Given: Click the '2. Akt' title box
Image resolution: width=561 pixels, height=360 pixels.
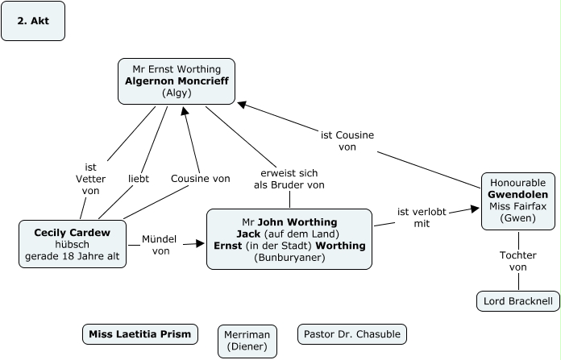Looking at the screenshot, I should point(33,21).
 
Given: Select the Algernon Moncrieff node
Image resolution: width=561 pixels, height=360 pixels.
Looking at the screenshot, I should point(177,81).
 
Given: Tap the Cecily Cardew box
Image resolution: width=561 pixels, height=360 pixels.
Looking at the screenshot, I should point(73,244).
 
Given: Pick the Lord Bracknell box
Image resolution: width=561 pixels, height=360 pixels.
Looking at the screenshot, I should point(518,301).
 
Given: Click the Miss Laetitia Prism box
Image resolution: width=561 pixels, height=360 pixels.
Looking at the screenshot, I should point(140,333).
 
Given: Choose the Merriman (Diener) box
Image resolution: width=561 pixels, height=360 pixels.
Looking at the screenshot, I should point(247,341).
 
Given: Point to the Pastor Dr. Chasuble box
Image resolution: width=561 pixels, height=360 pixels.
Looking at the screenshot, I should point(352,333).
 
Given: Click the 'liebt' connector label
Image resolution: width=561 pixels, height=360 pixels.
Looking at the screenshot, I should point(139,178).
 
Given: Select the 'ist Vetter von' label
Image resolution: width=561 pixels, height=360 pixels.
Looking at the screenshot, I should point(90,179).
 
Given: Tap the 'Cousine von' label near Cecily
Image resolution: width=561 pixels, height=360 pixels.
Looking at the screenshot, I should point(201,178).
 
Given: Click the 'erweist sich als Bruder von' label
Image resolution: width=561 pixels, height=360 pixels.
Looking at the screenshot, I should point(289,179).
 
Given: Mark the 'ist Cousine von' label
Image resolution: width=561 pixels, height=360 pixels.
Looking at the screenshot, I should point(347,141).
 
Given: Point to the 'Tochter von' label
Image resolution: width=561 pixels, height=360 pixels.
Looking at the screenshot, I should point(518,261).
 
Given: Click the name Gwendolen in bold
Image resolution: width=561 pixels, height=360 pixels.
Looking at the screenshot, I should point(518,195).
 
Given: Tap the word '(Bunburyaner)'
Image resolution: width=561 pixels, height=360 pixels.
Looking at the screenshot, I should point(289,258).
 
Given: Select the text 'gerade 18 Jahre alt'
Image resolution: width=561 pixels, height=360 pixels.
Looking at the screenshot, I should point(73,256).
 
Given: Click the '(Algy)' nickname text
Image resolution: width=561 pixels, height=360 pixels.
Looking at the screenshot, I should point(177,93).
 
